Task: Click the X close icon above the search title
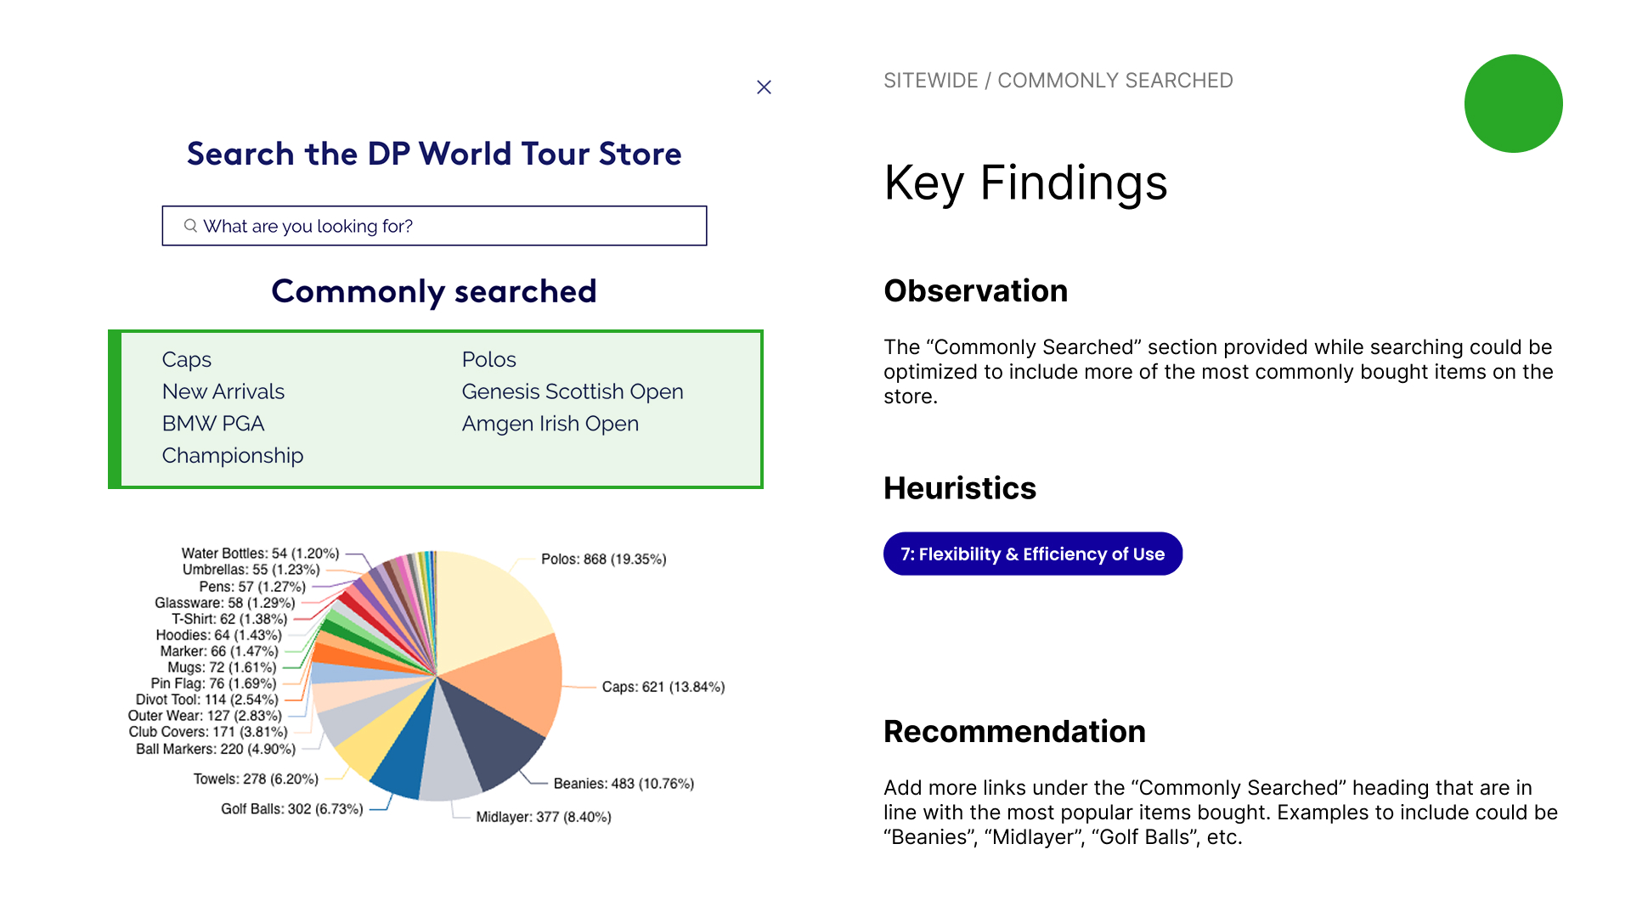point(764,87)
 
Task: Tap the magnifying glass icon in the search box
point(190,226)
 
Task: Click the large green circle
point(1513,104)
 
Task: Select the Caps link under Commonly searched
point(187,360)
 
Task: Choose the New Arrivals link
point(223,391)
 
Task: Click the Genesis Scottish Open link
point(573,391)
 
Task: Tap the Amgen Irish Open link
point(550,424)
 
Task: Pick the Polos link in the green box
point(489,359)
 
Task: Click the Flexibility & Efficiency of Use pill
point(1033,554)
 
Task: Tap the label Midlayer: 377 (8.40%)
point(544,817)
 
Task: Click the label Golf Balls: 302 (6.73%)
point(292,809)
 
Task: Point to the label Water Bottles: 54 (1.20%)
point(260,554)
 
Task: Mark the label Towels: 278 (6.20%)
point(256,779)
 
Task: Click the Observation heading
point(976,291)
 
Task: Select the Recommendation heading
point(1015,732)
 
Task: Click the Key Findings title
point(1026,183)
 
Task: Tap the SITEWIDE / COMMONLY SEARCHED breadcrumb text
point(1058,81)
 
